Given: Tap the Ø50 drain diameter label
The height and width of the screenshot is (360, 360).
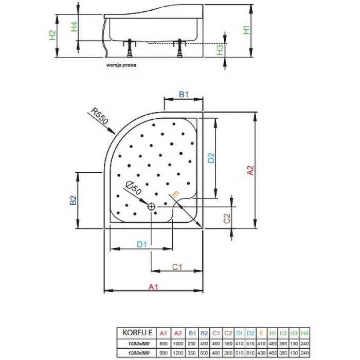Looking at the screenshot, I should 133,189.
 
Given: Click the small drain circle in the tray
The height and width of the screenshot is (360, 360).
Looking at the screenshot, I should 151,206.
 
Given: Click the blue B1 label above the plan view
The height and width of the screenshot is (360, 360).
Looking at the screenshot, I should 184,94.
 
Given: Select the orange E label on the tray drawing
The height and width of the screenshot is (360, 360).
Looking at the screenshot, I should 175,194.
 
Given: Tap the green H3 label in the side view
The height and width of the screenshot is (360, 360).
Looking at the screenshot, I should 220,50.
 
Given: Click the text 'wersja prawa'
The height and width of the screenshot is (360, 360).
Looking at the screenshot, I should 121,66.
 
